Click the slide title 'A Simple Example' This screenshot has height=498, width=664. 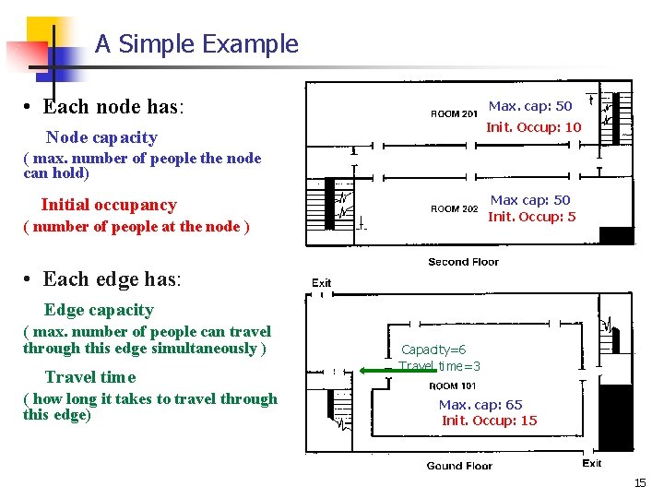tap(196, 43)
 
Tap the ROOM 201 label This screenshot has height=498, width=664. tap(454, 114)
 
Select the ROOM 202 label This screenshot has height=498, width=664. tap(454, 208)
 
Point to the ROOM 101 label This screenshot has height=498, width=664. tap(452, 386)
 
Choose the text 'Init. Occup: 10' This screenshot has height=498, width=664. tap(534, 127)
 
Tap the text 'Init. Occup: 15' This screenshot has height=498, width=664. tap(490, 421)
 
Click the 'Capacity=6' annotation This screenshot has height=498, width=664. tap(433, 350)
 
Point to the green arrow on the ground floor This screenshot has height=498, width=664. tap(378, 370)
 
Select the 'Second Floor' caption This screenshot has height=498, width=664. tap(463, 262)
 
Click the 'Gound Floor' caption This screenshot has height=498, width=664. tap(459, 466)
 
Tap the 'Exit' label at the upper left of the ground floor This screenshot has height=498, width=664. tap(321, 283)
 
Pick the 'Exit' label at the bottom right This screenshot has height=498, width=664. tap(592, 463)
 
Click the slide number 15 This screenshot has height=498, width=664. tap(640, 483)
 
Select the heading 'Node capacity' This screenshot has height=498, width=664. tap(101, 137)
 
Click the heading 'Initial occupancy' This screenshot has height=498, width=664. tap(109, 205)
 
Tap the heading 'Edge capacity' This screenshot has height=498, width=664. tap(99, 310)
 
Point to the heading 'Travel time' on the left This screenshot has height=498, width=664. tap(90, 377)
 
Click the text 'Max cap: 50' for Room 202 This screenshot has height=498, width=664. tap(530, 200)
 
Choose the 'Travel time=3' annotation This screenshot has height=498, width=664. tap(440, 366)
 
